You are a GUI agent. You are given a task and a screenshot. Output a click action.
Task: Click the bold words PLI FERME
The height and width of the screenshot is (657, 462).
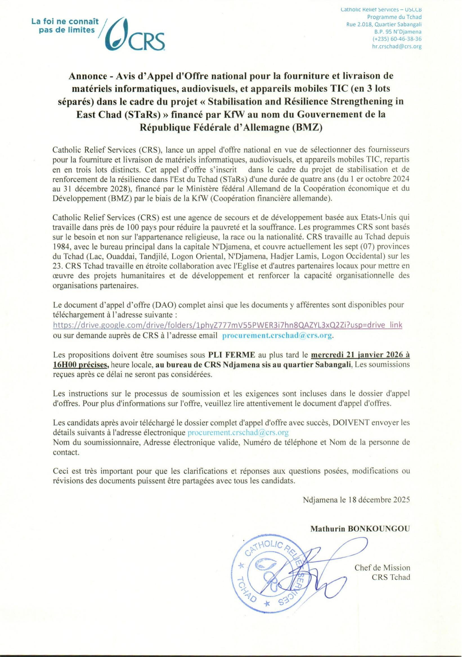(232, 355)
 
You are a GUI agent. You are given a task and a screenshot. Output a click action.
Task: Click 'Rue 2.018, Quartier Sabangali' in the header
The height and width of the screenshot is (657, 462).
(384, 24)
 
